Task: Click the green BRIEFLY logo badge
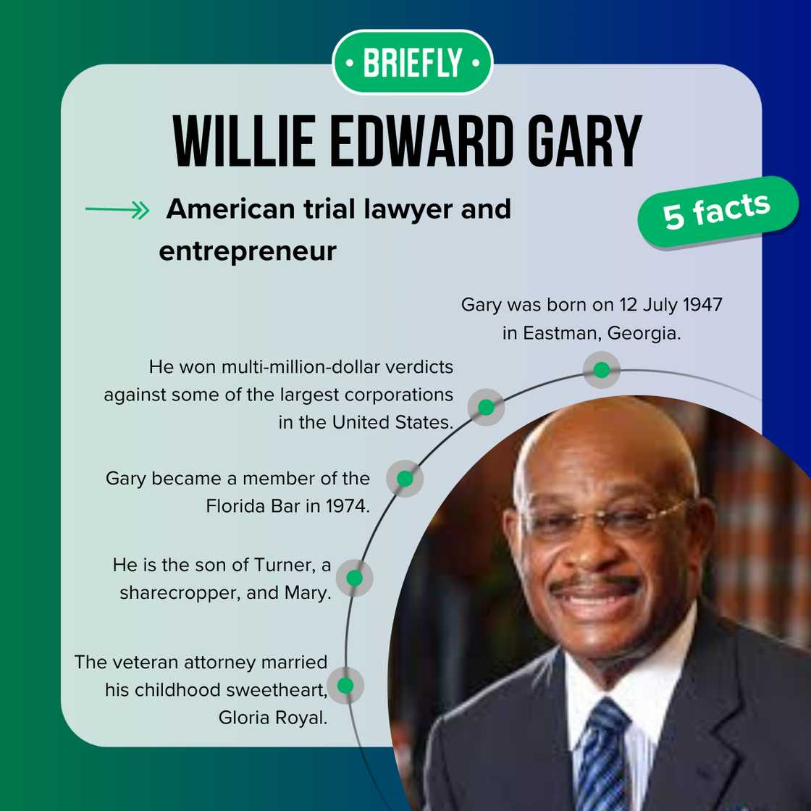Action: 412,63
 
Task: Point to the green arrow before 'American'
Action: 117,211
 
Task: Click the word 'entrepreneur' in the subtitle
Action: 248,251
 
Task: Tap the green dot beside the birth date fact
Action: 601,370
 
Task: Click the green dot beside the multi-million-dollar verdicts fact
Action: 486,407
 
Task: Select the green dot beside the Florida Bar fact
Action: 405,479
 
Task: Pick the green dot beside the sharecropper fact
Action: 354,578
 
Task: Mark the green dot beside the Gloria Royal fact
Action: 345,685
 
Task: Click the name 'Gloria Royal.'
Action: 273,717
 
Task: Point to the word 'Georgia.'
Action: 644,333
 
